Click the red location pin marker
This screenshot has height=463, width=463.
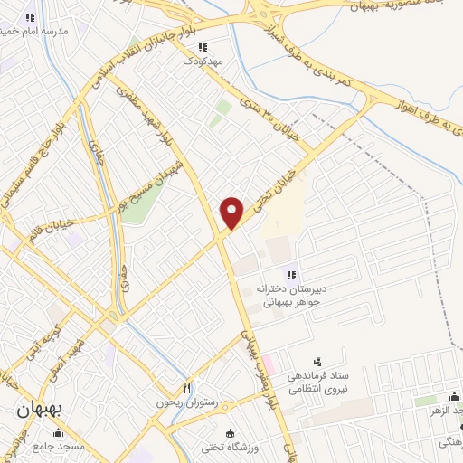click(232, 212)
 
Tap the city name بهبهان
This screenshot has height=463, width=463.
click(39, 408)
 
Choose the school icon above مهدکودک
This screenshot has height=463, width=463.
click(203, 47)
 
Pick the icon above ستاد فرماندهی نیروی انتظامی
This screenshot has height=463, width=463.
click(316, 361)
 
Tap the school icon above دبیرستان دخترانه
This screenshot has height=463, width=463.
click(292, 275)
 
